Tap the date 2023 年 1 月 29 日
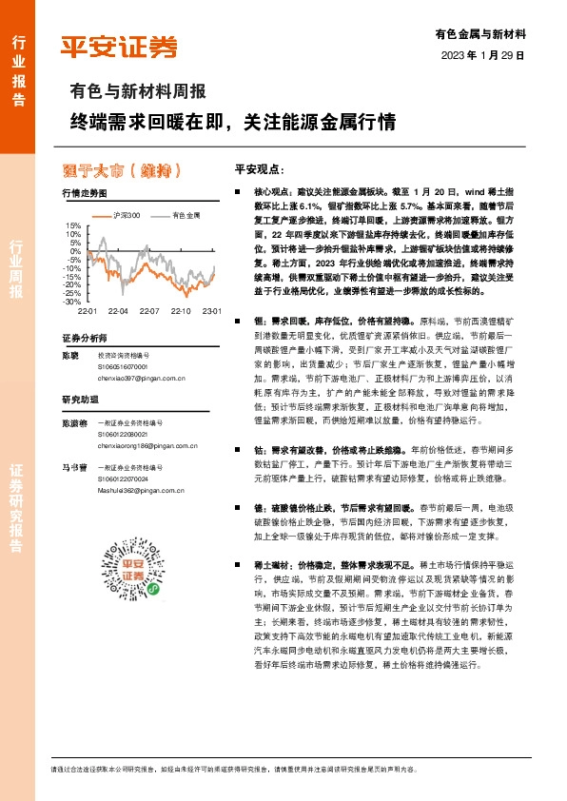(x=483, y=55)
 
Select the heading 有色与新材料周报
(x=137, y=93)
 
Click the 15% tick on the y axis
(x=72, y=225)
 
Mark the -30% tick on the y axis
(x=72, y=301)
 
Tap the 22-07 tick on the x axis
(x=148, y=311)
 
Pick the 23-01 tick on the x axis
(x=210, y=311)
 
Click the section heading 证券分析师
(x=84, y=338)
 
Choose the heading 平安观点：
(x=260, y=168)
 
